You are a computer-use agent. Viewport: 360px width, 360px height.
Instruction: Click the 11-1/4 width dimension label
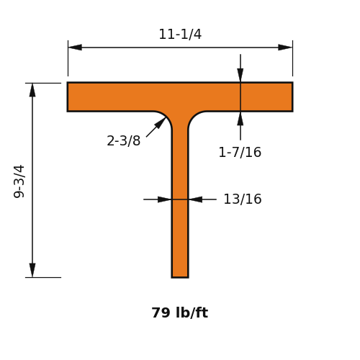(180, 35)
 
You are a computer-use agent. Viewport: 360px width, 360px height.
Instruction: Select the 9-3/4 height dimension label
(19, 181)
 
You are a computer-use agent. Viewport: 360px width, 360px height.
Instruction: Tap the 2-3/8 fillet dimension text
(124, 140)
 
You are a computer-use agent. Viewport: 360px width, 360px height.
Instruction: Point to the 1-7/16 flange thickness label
(240, 153)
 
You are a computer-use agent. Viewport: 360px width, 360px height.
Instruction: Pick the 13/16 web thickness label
(243, 199)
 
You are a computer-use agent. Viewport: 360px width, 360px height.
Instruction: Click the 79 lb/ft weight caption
(180, 312)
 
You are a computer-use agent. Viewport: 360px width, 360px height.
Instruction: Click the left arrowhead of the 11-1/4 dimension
(75, 48)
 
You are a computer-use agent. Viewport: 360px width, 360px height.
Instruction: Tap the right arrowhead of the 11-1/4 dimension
(285, 48)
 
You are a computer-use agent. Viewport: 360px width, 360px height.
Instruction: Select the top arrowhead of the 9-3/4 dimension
(32, 90)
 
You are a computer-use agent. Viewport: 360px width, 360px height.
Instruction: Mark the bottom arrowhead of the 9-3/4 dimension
(32, 270)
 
